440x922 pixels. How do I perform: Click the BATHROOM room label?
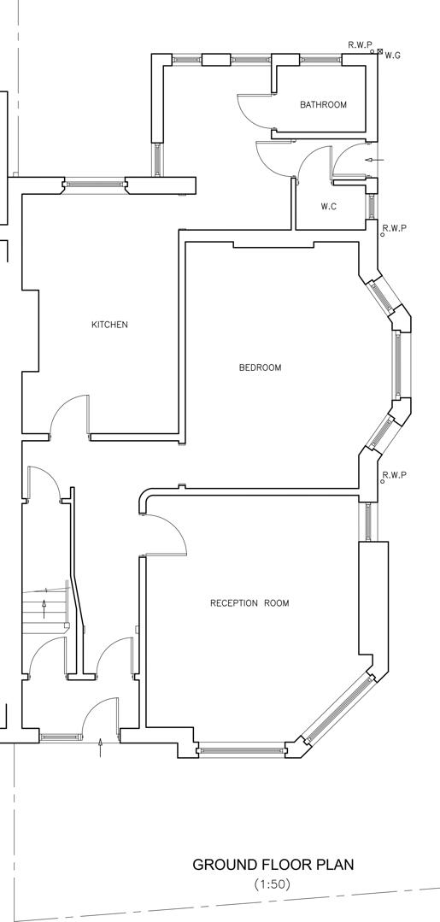[x=323, y=105]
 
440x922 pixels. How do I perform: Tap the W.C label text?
[x=329, y=207]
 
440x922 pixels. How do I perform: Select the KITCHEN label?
[x=109, y=325]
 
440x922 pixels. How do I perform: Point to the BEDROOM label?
[x=260, y=368]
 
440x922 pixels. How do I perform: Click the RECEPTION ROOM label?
[x=249, y=603]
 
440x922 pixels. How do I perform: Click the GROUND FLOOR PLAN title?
[x=273, y=865]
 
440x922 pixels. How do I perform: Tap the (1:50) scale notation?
[x=273, y=884]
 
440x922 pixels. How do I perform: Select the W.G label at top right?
[x=393, y=56]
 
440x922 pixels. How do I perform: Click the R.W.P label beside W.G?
[x=360, y=44]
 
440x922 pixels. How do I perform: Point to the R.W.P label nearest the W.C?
[x=394, y=228]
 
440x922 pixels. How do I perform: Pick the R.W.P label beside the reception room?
[x=394, y=475]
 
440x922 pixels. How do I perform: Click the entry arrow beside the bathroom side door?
[x=373, y=160]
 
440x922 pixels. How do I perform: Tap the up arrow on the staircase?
[x=44, y=608]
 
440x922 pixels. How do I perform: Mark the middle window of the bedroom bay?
[x=397, y=363]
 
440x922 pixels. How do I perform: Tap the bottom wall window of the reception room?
[x=241, y=751]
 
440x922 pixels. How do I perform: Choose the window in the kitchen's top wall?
[x=94, y=182]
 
